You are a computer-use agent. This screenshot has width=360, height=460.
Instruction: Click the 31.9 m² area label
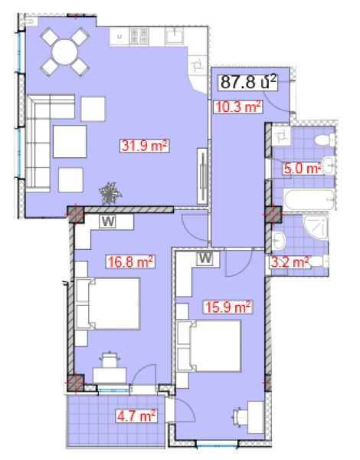coord(145,146)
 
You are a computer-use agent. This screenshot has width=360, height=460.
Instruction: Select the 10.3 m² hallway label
coord(238,107)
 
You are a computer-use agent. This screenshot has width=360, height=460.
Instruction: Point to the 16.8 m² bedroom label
coord(130,261)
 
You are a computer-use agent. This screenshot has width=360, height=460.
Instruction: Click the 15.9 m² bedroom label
coord(227,307)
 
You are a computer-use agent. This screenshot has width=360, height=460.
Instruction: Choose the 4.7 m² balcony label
coord(136,416)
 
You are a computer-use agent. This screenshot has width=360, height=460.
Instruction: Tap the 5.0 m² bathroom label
coord(302,169)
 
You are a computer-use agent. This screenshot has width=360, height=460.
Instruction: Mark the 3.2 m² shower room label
coord(290,262)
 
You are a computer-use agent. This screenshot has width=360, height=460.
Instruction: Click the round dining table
coord(65,52)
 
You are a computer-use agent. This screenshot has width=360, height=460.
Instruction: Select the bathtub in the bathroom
coord(309,199)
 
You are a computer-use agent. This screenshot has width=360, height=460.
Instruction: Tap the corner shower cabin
coord(316,228)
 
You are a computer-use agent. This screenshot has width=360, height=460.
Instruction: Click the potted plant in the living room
coord(110,193)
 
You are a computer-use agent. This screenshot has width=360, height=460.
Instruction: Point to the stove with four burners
coord(139,36)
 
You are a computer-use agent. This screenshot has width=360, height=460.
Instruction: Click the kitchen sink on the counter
coord(175,36)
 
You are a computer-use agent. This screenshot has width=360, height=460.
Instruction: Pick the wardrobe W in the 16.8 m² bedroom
coord(108,222)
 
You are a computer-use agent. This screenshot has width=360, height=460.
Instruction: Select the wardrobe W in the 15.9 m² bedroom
coord(205,258)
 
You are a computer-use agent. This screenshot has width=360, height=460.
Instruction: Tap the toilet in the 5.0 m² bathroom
coord(325,140)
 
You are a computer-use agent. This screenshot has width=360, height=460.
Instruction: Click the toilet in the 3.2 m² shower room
coord(318,261)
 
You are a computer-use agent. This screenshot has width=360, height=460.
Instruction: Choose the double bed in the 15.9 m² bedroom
coord(209,347)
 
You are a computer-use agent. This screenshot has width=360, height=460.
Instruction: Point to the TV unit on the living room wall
coord(202,176)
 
